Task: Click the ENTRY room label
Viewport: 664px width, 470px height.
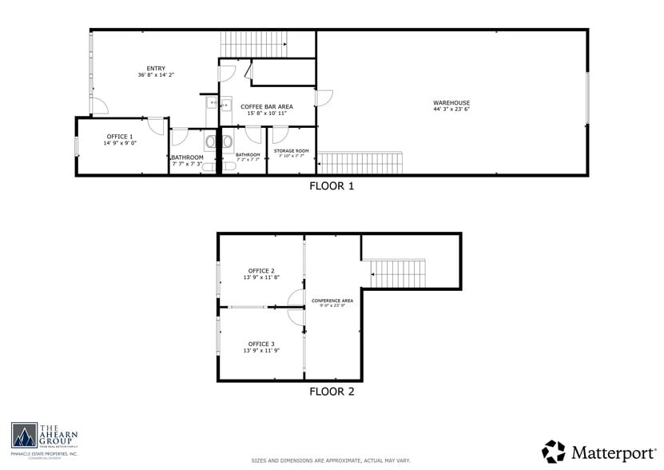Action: point(155,68)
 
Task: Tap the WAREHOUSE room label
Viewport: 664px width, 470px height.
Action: point(451,102)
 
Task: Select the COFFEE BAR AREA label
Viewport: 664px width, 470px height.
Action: point(266,106)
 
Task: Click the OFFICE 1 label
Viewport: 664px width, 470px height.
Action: point(119,137)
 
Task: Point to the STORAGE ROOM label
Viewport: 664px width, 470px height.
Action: point(291,150)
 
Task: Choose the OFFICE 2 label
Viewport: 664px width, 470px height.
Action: point(261,270)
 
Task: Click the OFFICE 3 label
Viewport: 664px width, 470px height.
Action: point(261,344)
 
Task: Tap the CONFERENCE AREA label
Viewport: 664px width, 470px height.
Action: point(332,300)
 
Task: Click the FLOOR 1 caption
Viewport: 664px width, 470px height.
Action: point(332,186)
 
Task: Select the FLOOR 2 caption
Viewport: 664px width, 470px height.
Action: point(332,392)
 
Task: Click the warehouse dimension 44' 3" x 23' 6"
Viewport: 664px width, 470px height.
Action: point(451,110)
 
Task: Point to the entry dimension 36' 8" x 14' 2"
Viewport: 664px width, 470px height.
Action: point(155,75)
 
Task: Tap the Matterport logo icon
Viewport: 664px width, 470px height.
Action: point(554,451)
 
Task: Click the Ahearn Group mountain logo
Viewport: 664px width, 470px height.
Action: point(24,436)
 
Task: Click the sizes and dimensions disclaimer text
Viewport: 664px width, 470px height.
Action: point(332,460)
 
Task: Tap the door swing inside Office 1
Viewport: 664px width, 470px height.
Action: point(155,125)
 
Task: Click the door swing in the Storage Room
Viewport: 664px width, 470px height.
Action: point(280,134)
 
